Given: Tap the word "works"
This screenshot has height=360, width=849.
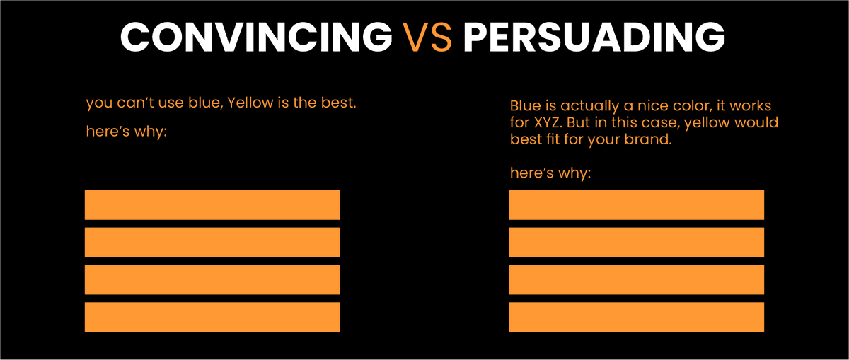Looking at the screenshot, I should (x=749, y=106).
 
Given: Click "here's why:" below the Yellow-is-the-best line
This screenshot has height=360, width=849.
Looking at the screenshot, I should (x=126, y=132).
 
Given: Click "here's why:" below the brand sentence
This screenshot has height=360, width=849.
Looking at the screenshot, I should (x=550, y=173).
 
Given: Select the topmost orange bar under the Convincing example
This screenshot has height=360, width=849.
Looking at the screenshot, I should (x=212, y=205).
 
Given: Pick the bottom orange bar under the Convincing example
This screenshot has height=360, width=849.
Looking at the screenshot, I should (x=212, y=317).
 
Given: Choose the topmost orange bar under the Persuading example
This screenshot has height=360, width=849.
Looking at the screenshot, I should (x=636, y=205).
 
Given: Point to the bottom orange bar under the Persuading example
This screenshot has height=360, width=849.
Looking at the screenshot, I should (x=636, y=317).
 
